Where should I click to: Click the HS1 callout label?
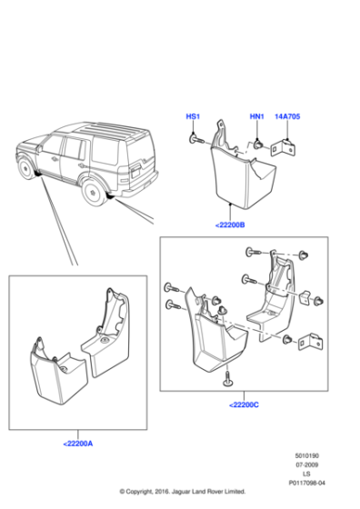pos(193,117)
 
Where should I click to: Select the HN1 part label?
pos(257,117)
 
